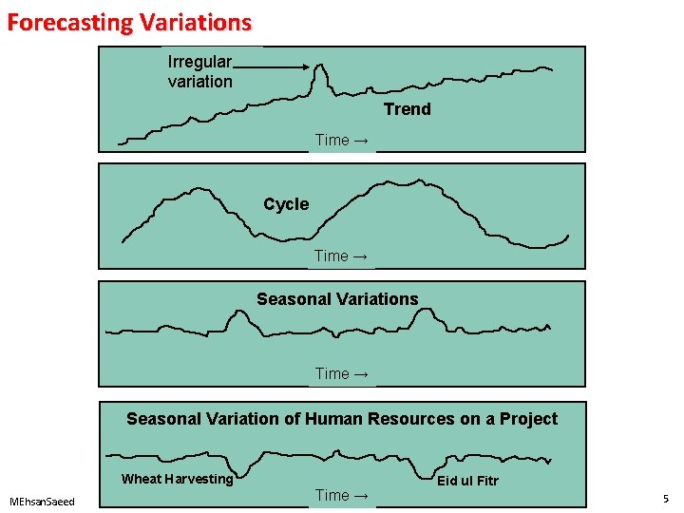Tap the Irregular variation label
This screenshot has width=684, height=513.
pyautogui.click(x=199, y=71)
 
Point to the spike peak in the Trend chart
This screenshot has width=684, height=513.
pyautogui.click(x=320, y=66)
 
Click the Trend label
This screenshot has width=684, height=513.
pyautogui.click(x=407, y=109)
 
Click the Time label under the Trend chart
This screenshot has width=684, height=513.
pyautogui.click(x=342, y=141)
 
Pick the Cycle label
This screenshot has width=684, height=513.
pyautogui.click(x=286, y=204)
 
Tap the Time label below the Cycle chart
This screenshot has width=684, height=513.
pyautogui.click(x=342, y=256)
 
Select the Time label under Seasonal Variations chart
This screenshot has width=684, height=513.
pyautogui.click(x=342, y=373)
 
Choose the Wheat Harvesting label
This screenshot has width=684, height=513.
pyautogui.click(x=177, y=479)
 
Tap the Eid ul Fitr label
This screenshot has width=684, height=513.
pyautogui.click(x=467, y=481)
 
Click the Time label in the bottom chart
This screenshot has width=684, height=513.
pyautogui.click(x=342, y=495)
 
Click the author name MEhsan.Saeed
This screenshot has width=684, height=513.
pyautogui.click(x=42, y=501)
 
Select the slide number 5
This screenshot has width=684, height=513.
pyautogui.click(x=666, y=499)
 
